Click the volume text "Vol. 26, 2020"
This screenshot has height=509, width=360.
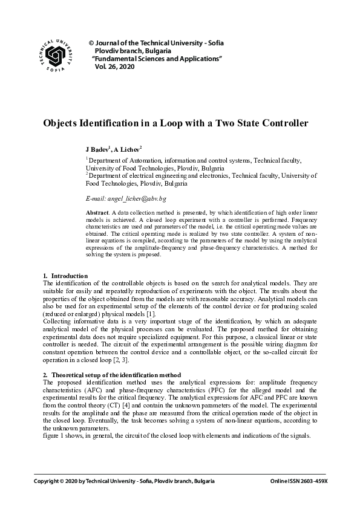[114, 66]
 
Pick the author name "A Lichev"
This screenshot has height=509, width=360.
[128, 149]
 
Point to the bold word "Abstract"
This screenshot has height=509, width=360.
[98, 213]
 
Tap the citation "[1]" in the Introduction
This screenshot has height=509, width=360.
[152, 313]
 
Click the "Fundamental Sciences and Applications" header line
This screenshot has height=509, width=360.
[157, 59]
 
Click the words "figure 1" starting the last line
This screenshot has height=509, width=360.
[55, 436]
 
